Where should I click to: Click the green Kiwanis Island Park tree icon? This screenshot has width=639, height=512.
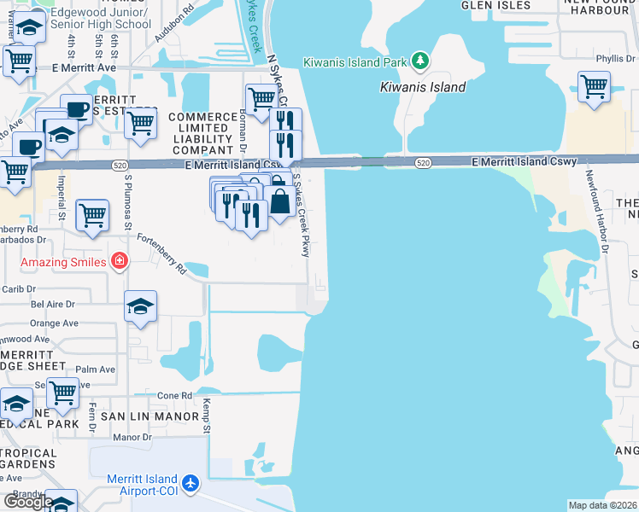pos(419,61)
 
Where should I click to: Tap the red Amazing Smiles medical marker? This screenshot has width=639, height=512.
pos(120,261)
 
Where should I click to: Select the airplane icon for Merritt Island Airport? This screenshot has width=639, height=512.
pos(190,484)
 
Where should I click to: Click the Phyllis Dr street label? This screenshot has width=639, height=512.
pos(615,59)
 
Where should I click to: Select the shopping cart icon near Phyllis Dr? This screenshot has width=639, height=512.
pos(594,85)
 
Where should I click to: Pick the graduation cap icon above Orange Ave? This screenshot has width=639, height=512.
pos(141,306)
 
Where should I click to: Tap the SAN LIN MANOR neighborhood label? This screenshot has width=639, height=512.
pos(149,416)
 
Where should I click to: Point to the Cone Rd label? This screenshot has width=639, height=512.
pos(174,396)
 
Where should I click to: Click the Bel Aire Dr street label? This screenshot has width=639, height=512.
pos(53,303)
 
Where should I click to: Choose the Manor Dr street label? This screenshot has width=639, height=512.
pos(132,437)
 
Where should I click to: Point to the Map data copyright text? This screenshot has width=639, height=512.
pos(602,505)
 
